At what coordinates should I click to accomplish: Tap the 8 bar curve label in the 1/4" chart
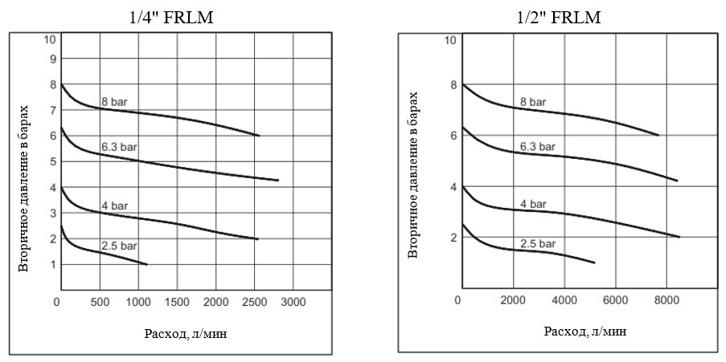pyautogui.click(x=114, y=102)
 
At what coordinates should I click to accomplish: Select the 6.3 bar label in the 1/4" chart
pyautogui.click(x=119, y=148)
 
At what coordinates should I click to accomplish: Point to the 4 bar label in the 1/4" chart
pyautogui.click(x=114, y=206)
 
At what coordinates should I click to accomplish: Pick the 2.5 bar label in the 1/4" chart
pyautogui.click(x=119, y=246)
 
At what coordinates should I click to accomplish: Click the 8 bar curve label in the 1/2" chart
pyautogui.click(x=534, y=102)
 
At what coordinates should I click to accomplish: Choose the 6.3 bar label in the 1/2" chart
pyautogui.click(x=536, y=148)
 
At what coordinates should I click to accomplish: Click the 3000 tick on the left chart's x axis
pyautogui.click(x=293, y=302)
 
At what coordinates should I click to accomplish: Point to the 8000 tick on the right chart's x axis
pyautogui.click(x=667, y=302)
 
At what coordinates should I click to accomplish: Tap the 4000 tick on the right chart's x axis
pyautogui.click(x=563, y=302)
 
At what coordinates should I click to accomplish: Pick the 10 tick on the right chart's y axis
pyautogui.click(x=450, y=39)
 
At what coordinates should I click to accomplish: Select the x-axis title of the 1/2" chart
pyautogui.click(x=585, y=331)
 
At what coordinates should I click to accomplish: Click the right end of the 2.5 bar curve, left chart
pyautogui.click(x=147, y=264)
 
